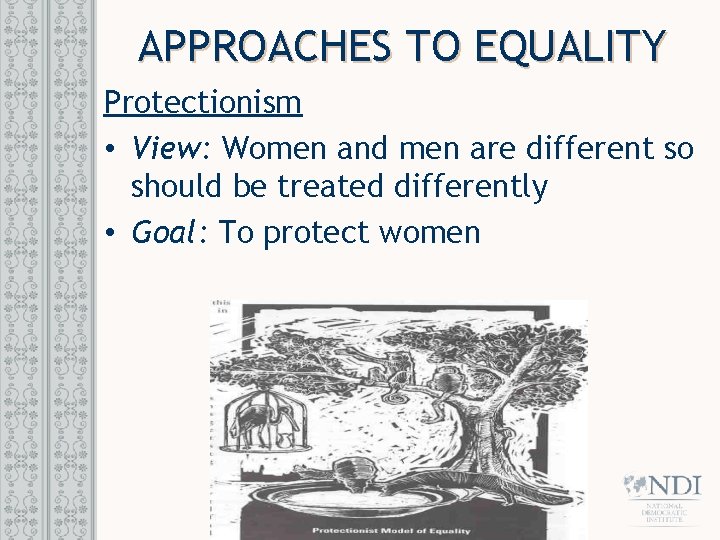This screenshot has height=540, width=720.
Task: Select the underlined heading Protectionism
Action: [203, 102]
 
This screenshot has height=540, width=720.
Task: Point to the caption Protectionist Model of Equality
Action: [398, 529]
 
